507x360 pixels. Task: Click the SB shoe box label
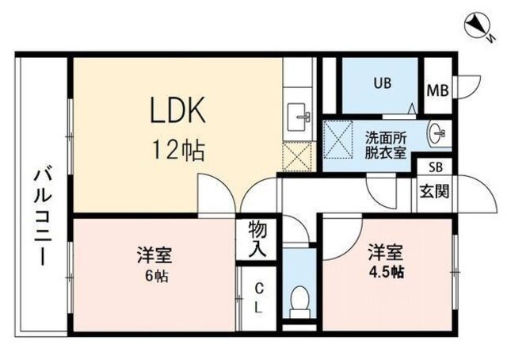(x=436, y=167)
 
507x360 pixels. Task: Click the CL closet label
(x=258, y=297)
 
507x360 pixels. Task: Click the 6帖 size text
(x=156, y=278)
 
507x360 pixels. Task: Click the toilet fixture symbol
(x=300, y=301)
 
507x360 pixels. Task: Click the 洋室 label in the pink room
(x=155, y=256)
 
